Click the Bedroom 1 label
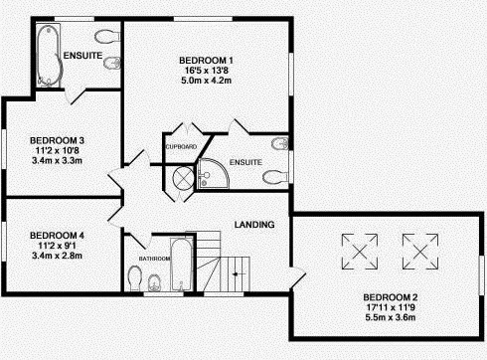206,61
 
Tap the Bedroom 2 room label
391,297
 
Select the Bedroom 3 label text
57,140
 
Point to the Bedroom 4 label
57,236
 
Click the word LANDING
254,225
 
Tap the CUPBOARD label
181,147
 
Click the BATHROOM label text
155,259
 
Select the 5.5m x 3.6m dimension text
391,317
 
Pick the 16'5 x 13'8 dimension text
206,71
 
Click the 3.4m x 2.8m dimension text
57,256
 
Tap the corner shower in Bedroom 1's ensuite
213,173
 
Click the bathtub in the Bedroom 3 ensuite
49,56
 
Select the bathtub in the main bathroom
181,265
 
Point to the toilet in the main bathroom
134,277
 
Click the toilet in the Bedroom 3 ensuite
107,37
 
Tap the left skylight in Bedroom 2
360,252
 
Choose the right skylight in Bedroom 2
420,252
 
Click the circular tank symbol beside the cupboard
183,178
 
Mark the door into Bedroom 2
297,277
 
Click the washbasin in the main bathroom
154,282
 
